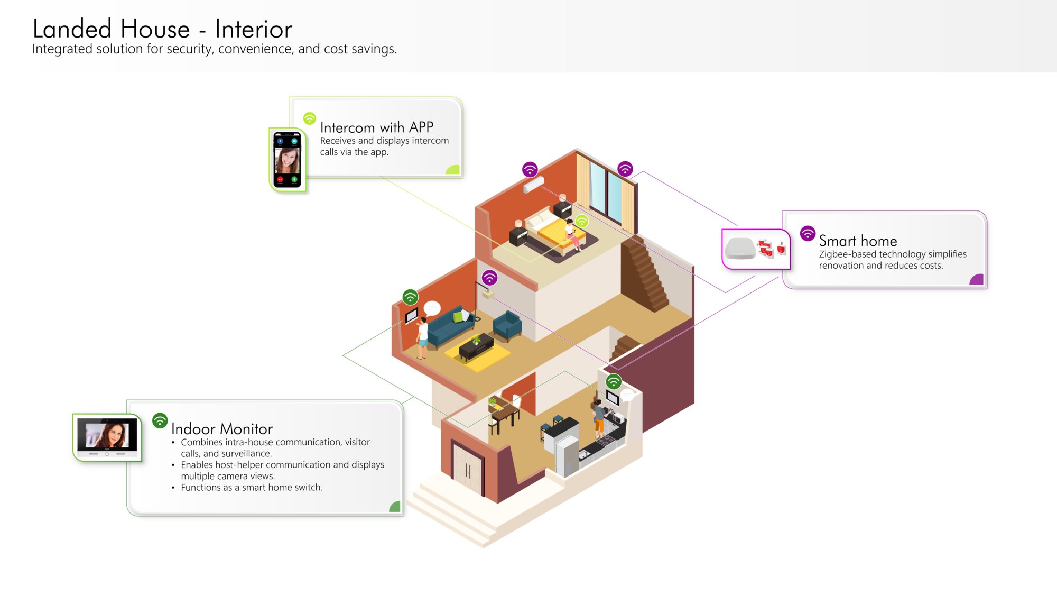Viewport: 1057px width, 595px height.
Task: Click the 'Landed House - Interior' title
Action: click(162, 29)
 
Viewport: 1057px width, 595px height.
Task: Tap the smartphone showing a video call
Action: click(287, 160)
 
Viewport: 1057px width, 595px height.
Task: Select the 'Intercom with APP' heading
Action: click(377, 127)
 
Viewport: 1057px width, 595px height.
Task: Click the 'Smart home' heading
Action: click(858, 241)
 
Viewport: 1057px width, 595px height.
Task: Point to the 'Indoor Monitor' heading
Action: click(222, 428)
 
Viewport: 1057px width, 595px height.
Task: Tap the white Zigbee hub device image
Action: click(740, 249)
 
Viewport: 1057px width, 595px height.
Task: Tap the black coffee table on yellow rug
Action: click(476, 347)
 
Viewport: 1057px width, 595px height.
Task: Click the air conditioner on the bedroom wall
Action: click(533, 185)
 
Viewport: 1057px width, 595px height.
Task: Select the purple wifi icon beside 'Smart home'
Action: click(808, 233)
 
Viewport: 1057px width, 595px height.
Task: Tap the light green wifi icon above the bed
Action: click(582, 221)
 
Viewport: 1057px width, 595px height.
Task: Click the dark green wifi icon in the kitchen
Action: click(614, 381)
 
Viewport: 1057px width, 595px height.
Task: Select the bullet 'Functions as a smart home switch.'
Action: click(252, 488)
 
